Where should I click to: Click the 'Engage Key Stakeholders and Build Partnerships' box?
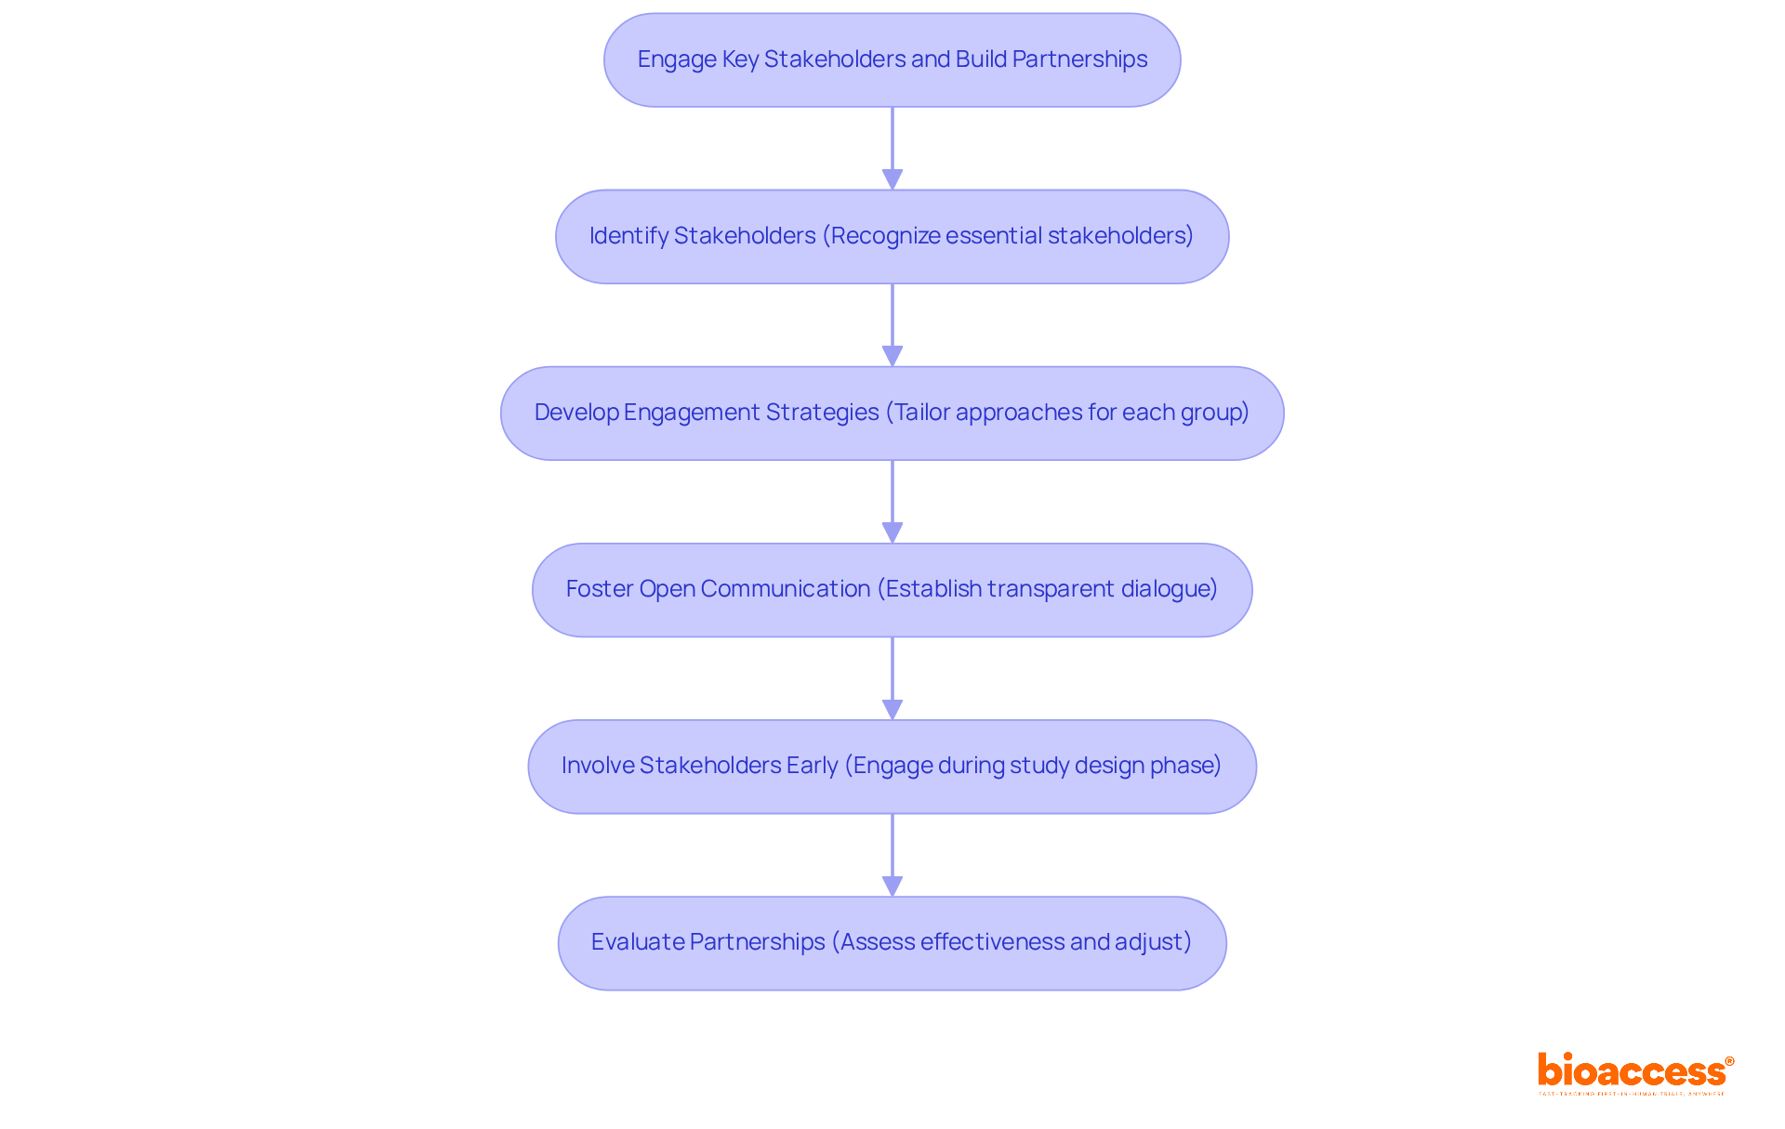(892, 60)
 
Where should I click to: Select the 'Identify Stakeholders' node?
(892, 237)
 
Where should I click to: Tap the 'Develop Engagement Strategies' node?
(892, 414)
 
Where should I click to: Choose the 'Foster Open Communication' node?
(892, 590)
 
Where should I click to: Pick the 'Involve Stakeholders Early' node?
(892, 767)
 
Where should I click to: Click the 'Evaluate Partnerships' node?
(892, 943)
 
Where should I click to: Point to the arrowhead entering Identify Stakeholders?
(892, 179)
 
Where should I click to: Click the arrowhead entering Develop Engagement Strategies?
(892, 356)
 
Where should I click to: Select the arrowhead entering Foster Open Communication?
(892, 532)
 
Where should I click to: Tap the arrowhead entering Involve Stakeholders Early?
(892, 709)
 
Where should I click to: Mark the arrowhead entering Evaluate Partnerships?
(892, 886)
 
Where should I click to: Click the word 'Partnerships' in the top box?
(1079, 59)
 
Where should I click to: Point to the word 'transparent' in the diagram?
(1050, 589)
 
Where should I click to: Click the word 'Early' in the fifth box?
(812, 766)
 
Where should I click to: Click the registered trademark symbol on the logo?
(1729, 1061)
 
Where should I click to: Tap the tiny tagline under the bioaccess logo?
(1632, 1095)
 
